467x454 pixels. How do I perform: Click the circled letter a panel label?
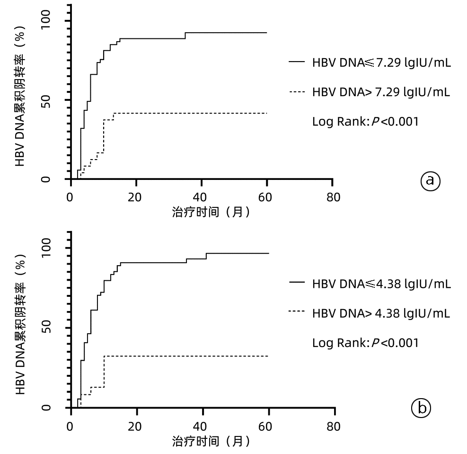[430, 180]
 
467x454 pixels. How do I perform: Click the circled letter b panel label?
[421, 408]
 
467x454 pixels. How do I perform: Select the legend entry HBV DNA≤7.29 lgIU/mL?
[381, 62]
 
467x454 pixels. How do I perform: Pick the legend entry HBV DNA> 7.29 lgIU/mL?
[381, 92]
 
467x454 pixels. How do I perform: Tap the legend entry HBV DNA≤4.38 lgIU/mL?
[381, 284]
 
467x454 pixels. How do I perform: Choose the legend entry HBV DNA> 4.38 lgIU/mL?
[381, 313]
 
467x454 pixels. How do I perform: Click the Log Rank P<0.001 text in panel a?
[365, 121]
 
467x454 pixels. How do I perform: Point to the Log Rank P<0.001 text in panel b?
[365, 343]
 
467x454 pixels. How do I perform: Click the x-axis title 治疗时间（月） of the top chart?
[211, 213]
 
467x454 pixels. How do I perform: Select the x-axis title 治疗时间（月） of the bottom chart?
[211, 441]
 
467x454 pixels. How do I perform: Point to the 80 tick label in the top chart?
[333, 197]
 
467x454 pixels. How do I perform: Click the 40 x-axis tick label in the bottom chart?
[202, 426]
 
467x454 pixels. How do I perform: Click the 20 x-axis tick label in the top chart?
[136, 197]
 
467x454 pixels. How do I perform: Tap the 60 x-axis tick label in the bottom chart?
[268, 426]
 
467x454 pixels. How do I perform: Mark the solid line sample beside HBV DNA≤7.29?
[297, 62]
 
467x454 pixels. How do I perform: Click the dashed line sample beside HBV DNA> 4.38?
[297, 312]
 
